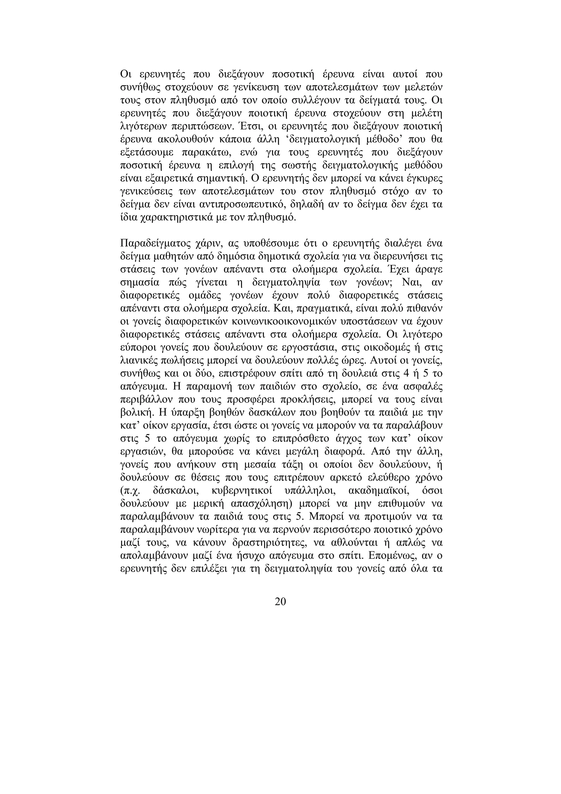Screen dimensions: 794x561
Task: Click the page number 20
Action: click(x=280, y=602)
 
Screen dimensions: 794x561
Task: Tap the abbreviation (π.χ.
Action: click(x=131, y=491)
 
